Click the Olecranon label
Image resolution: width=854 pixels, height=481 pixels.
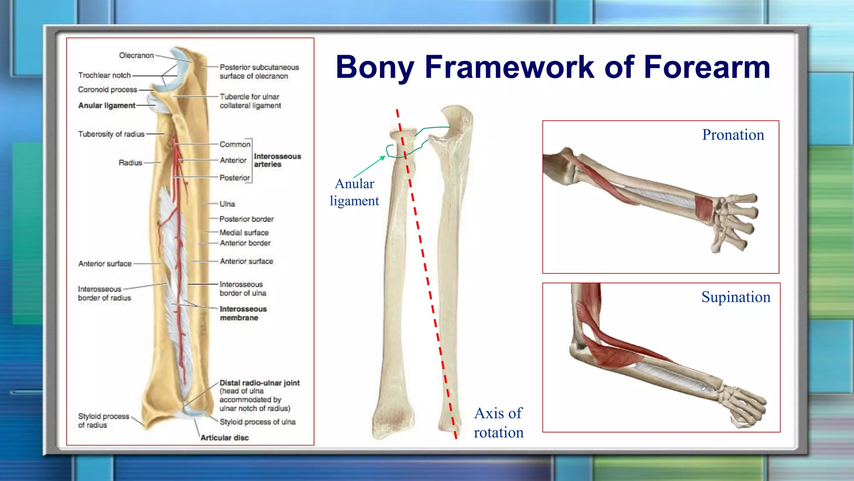(136, 56)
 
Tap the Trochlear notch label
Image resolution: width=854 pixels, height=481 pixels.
(104, 75)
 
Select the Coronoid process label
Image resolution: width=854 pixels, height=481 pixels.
(108, 90)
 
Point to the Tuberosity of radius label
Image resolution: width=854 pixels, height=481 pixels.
(111, 134)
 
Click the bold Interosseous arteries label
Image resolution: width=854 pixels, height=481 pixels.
(277, 160)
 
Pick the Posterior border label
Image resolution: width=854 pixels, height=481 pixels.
(246, 219)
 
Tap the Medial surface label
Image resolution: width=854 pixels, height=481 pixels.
(244, 233)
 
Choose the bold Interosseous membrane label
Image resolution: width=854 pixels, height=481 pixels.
(243, 313)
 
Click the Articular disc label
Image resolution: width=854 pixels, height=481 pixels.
(224, 438)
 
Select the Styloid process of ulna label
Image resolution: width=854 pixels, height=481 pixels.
(257, 422)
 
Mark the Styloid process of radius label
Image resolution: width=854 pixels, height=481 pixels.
(103, 420)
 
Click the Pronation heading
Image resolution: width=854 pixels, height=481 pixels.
(733, 135)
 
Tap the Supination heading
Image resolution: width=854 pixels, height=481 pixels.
(736, 297)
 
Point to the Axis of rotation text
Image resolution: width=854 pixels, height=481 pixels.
(498, 423)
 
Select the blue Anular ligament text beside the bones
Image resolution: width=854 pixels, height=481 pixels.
(354, 192)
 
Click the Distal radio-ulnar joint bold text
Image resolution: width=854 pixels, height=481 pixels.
(259, 383)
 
